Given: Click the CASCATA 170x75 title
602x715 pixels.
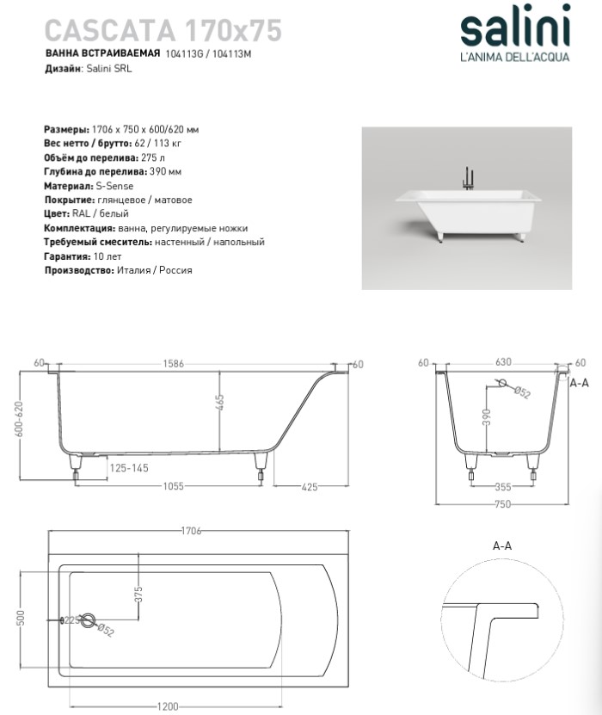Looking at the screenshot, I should tap(163, 31).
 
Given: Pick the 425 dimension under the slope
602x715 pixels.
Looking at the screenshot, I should tap(310, 487).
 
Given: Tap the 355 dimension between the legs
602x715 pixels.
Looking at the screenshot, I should tap(503, 487).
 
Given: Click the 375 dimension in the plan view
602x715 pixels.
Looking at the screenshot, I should tap(138, 595).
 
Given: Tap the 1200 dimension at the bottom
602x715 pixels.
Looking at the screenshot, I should tap(169, 706).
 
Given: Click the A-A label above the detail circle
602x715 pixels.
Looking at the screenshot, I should tap(503, 546).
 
